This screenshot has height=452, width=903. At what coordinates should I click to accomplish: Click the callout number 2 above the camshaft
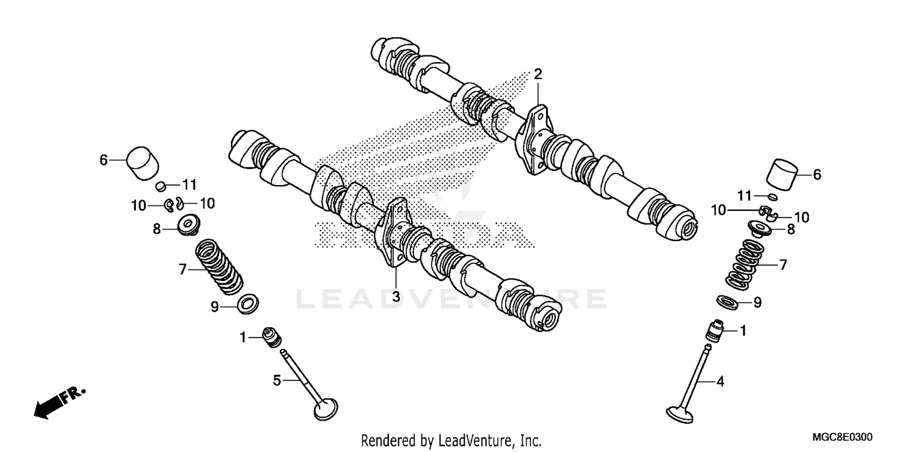538,75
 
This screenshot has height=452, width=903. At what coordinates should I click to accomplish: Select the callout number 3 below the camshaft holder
396,297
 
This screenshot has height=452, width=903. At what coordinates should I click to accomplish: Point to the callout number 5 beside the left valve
277,380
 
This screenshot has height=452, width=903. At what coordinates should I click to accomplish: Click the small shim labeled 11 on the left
161,185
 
